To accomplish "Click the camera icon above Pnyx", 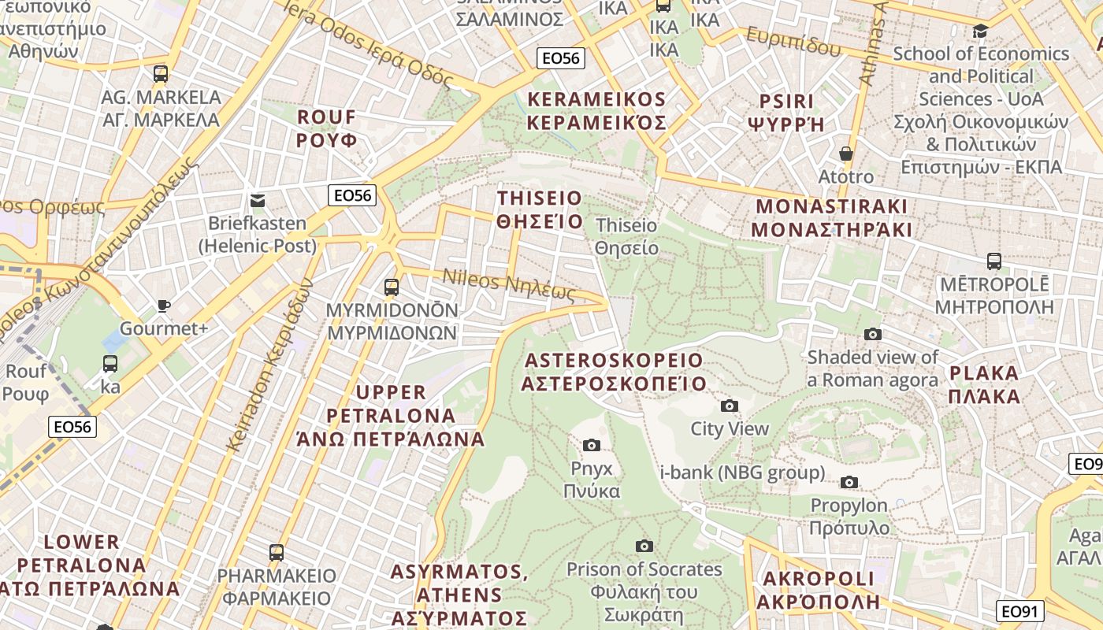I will pyautogui.click(x=592, y=446).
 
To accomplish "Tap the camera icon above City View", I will pyautogui.click(x=730, y=406).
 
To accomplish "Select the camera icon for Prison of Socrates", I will pyautogui.click(x=644, y=546).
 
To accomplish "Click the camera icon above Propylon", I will pyautogui.click(x=849, y=482).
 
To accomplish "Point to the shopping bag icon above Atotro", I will pyautogui.click(x=846, y=154).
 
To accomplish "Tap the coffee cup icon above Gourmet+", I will pyautogui.click(x=164, y=306).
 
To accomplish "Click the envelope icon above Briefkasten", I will pyautogui.click(x=257, y=201).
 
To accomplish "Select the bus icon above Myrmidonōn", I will pyautogui.click(x=392, y=287).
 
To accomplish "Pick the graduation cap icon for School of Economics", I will pyautogui.click(x=981, y=31).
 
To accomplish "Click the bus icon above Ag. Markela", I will pyautogui.click(x=161, y=74).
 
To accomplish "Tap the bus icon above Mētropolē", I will pyautogui.click(x=994, y=261).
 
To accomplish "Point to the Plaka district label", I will pyautogui.click(x=985, y=384).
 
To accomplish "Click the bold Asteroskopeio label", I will pyautogui.click(x=614, y=372).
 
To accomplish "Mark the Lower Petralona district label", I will pyautogui.click(x=83, y=565).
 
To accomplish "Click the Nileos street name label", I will pyautogui.click(x=509, y=284).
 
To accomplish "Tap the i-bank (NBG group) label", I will pyautogui.click(x=742, y=472).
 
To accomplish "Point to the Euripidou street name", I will pyautogui.click(x=793, y=42).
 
